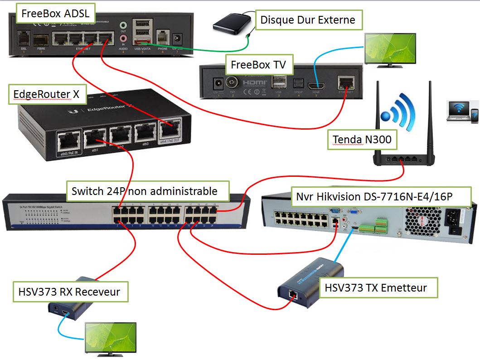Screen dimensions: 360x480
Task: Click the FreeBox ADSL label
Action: tap(55, 13)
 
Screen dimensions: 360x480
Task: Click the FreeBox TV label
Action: tap(258, 64)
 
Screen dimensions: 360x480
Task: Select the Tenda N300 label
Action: tap(362, 140)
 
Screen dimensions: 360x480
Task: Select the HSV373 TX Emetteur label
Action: tap(378, 287)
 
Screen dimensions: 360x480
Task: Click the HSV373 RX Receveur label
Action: tap(70, 291)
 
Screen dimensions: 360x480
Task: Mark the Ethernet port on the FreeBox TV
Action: tap(347, 84)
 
